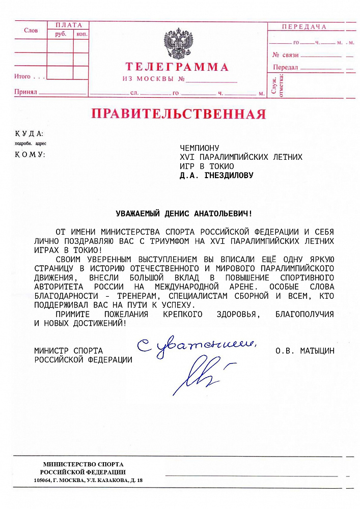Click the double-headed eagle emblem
pos(178,44)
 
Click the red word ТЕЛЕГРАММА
pos(177,67)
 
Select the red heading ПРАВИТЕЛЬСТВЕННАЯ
pos(178,114)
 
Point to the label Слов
pos(31,31)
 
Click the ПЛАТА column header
pos(68,25)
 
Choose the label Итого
pos(22,77)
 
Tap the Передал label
pos(285,67)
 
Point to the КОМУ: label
pos(30,154)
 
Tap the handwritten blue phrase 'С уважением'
pos(196,346)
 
